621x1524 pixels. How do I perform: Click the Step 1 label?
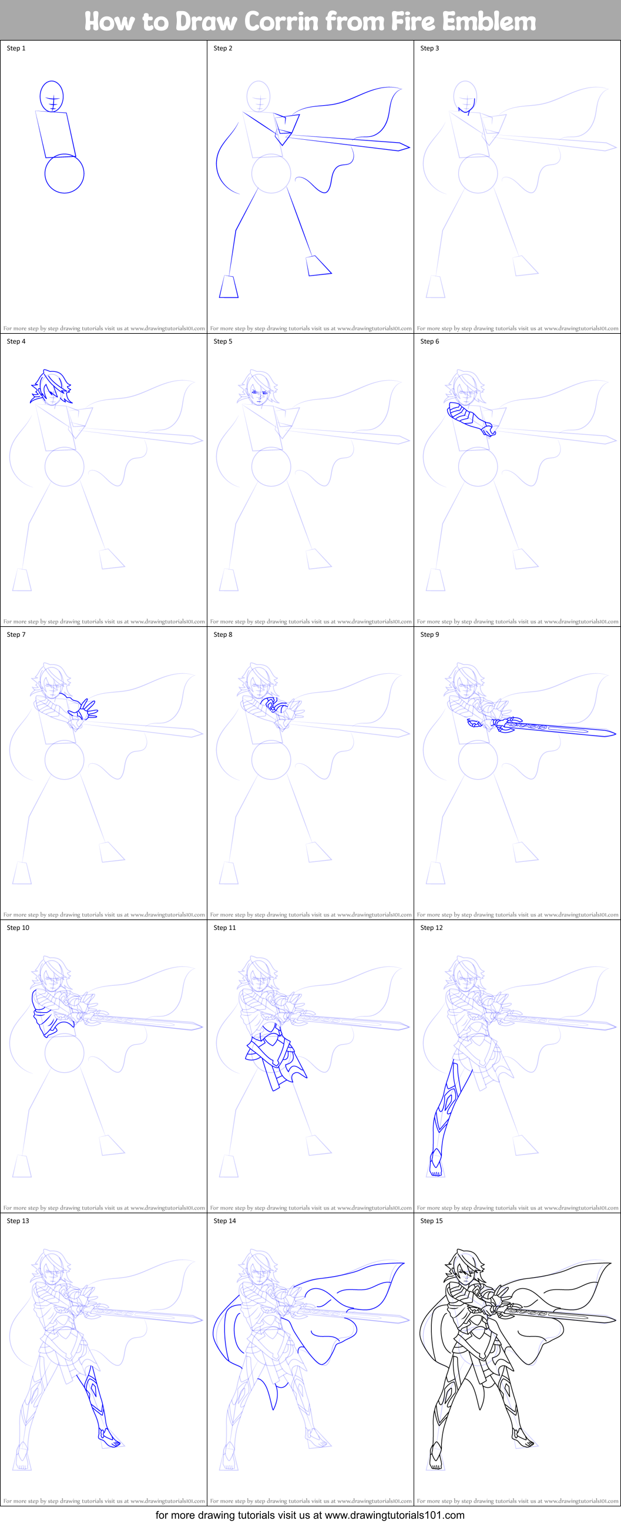click(16, 49)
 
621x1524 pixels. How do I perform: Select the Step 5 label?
click(223, 341)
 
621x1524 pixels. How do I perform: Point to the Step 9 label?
click(430, 635)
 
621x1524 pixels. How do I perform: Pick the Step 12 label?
click(431, 928)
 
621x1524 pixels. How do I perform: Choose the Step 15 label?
click(431, 1221)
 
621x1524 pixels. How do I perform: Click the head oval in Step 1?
click(52, 96)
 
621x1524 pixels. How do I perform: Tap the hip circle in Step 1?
click(65, 174)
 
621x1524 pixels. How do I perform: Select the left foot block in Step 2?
click(229, 287)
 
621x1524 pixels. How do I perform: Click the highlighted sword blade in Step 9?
click(562, 730)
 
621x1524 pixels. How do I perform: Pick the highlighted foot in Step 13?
click(109, 1438)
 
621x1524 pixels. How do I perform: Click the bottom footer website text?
click(310, 1515)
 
